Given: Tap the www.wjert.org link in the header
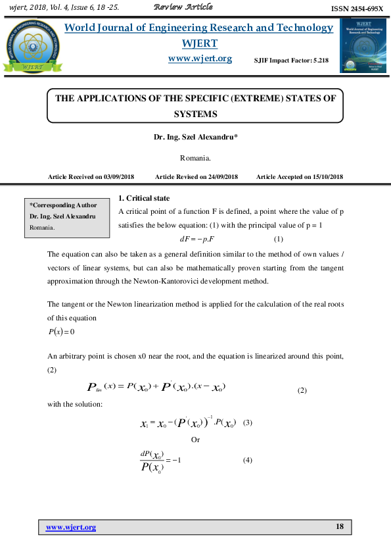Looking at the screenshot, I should click(200, 59).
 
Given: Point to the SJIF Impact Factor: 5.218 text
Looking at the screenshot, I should click(291, 61).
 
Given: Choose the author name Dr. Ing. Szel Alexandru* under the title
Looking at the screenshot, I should click(195, 138).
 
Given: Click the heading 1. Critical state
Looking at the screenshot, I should click(143, 198).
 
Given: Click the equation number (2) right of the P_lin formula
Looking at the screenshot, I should click(302, 391).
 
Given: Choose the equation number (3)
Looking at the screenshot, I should click(248, 422).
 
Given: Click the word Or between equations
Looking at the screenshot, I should click(195, 439).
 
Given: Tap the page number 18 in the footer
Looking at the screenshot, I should click(339, 527).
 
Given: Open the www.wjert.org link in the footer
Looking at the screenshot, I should click(71, 527).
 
